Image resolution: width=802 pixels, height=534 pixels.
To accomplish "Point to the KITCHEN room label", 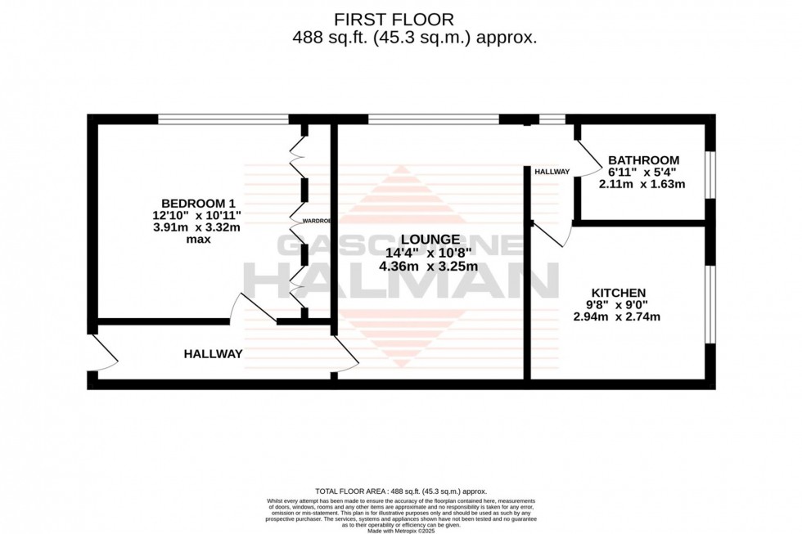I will point(619,293).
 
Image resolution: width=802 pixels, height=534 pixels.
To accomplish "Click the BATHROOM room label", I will point(643,159).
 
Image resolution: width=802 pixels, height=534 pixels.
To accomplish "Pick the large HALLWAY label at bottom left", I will point(213,354).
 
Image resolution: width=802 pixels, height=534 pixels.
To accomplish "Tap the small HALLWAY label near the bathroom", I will point(552,173).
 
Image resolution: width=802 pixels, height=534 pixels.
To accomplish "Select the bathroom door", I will point(588,159).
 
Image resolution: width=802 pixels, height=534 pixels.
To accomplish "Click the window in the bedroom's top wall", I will point(223,119).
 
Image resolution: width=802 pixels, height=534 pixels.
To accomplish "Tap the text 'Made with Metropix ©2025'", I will point(400,531).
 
